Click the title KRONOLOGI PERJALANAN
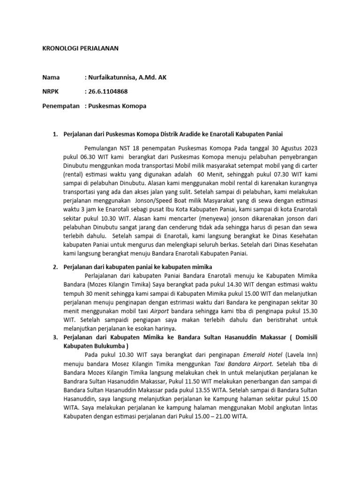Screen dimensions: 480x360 click(x=80, y=48)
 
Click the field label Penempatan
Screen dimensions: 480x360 click(x=61, y=106)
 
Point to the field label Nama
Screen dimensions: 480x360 click(x=51, y=77)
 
